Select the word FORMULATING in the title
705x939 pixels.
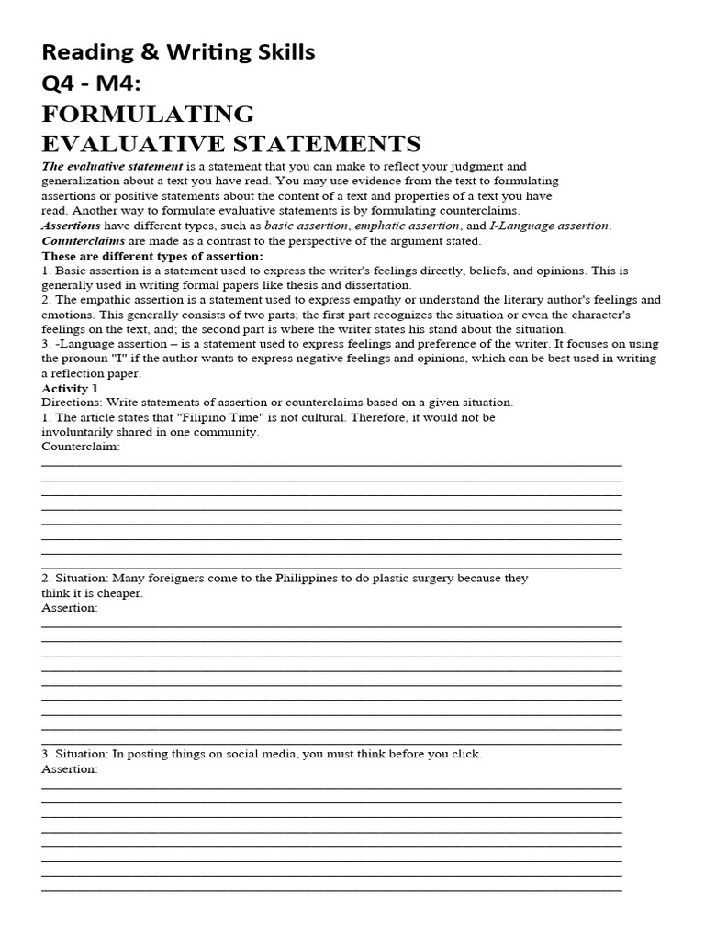point(148,115)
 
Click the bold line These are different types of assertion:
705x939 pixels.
point(152,256)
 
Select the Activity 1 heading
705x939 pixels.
point(70,389)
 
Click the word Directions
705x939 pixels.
point(73,403)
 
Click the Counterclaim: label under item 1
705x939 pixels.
point(81,447)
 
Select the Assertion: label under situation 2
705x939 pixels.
point(70,608)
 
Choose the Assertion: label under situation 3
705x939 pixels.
point(70,768)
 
